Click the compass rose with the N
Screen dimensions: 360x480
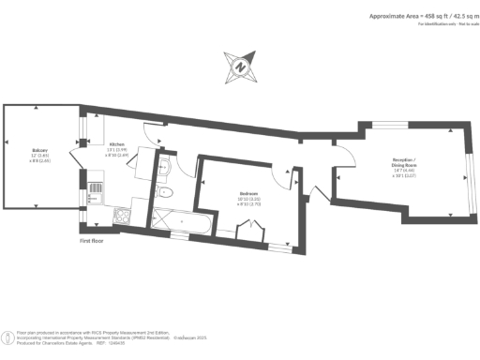[x=239, y=67]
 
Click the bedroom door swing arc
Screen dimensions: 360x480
[x=281, y=171]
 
